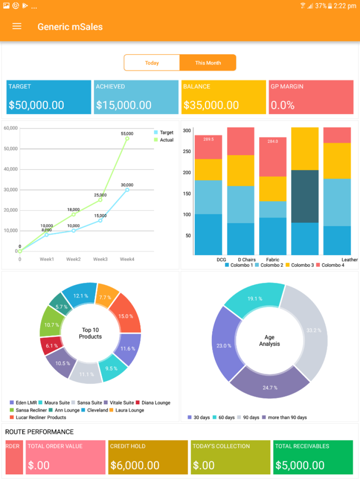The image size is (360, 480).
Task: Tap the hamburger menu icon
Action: (x=17, y=26)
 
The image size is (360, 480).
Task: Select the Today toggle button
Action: (x=152, y=63)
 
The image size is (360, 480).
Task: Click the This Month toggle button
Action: (x=208, y=63)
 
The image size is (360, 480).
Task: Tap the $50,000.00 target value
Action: (x=36, y=105)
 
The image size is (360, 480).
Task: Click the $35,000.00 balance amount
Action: (x=211, y=105)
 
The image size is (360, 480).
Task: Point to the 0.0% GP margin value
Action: (x=283, y=105)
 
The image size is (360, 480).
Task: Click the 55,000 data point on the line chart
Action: (x=127, y=138)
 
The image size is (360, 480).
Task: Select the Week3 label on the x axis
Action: (x=100, y=259)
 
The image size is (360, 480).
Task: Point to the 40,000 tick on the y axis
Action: (x=11, y=169)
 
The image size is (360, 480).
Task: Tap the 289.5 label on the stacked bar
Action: (x=208, y=139)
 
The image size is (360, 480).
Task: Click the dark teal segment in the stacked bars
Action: (x=305, y=196)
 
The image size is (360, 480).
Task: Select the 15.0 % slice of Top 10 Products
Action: (x=126, y=316)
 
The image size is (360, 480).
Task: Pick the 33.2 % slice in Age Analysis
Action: (x=313, y=330)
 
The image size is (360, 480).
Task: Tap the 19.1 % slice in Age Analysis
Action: (x=255, y=298)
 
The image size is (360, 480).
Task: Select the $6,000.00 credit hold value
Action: (x=135, y=465)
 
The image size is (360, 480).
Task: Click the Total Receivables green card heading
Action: (x=302, y=446)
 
